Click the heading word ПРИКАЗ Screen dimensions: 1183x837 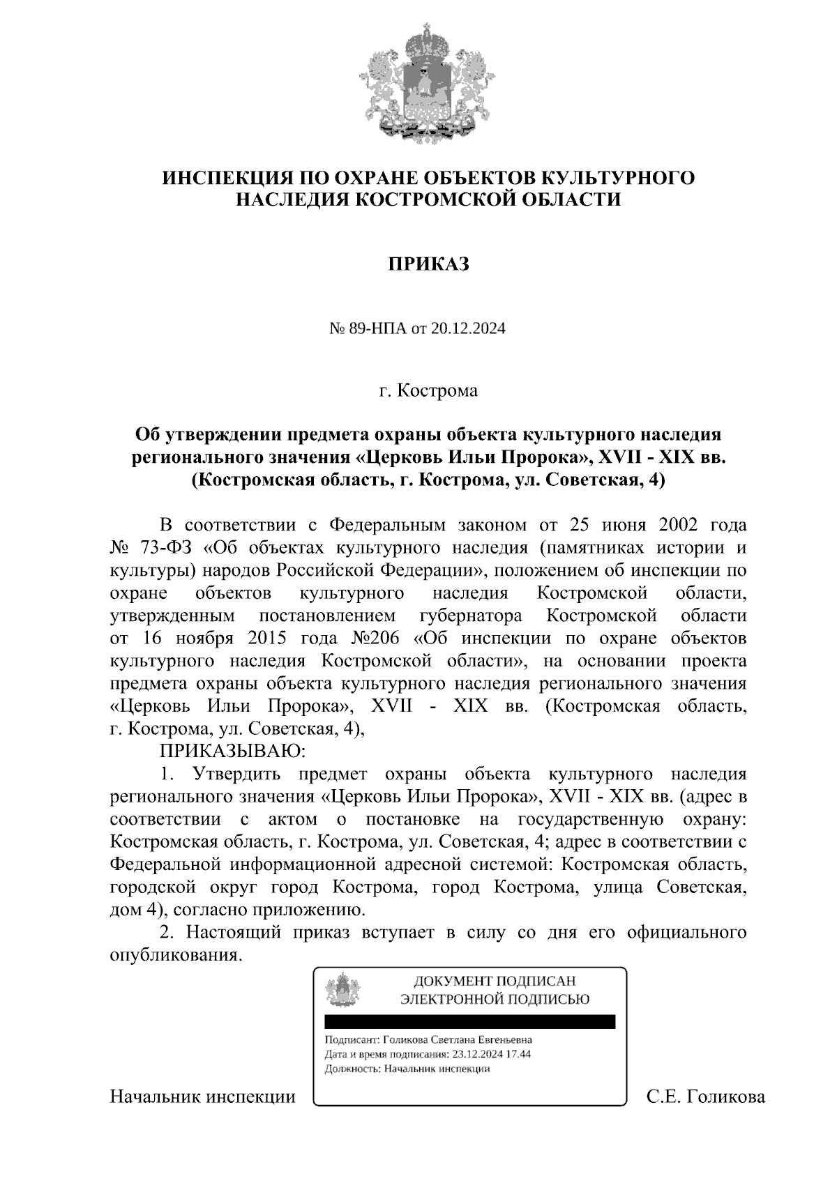[428, 264]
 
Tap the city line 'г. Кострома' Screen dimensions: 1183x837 [428, 390]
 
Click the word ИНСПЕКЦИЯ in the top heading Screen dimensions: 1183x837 [223, 178]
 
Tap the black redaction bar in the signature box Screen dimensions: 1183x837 [470, 1022]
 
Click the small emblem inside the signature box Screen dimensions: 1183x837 [343, 989]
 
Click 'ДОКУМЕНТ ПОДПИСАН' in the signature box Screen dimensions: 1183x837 [495, 982]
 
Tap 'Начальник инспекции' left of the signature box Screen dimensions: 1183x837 [202, 1097]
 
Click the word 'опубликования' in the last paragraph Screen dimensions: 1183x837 [176, 955]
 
